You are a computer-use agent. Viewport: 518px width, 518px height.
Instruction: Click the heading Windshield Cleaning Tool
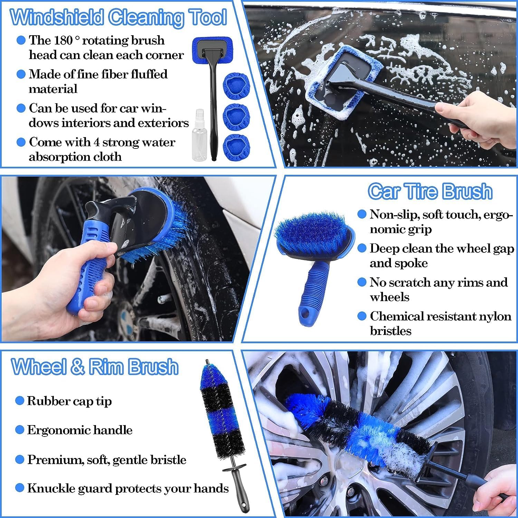pos(118,17)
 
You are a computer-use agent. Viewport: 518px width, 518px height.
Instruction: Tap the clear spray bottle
pos(200,138)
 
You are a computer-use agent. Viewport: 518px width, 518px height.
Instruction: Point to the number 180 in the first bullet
pos(63,40)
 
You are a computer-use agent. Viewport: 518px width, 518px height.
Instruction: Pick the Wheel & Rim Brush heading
pos(95,367)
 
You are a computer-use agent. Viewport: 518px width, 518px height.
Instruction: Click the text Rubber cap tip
pos(69,401)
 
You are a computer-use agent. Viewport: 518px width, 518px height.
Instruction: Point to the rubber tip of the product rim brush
pos(207,363)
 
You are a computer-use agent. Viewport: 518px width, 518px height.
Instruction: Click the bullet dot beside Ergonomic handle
pos(20,430)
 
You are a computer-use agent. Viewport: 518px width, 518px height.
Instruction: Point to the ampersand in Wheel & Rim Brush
pos(78,367)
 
